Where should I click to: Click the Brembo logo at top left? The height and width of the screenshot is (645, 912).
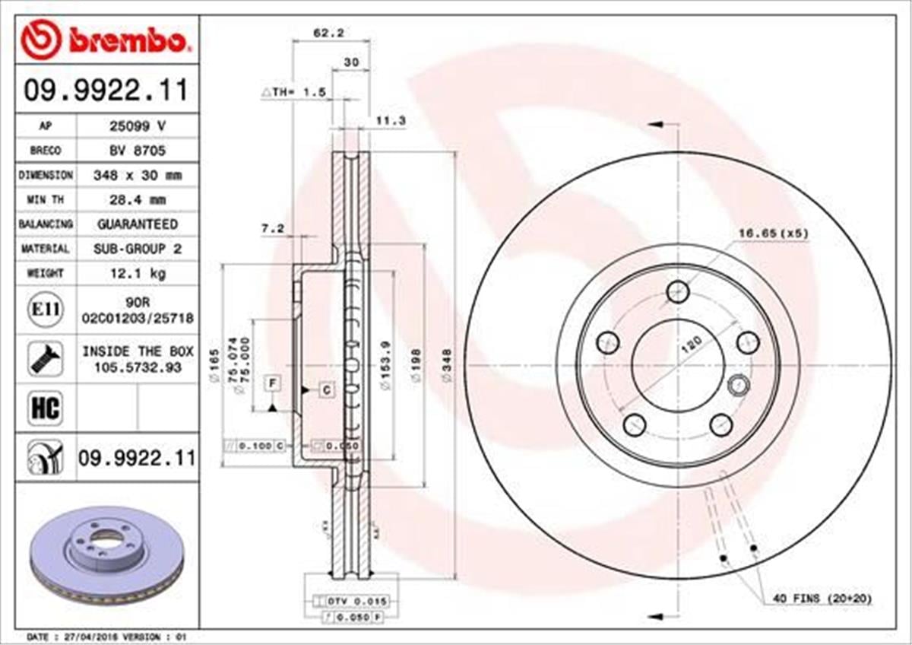point(103,40)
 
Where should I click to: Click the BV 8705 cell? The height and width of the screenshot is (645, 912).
point(137,151)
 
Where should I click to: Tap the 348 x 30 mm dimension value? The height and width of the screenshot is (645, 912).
point(137,175)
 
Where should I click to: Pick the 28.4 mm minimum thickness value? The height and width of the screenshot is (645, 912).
point(137,199)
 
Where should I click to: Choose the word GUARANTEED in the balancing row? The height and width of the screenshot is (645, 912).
point(137,224)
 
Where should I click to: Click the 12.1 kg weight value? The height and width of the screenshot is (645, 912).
point(137,273)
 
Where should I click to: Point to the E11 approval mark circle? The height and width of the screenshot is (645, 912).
point(45,310)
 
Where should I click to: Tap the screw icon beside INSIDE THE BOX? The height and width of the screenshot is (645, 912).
point(45,358)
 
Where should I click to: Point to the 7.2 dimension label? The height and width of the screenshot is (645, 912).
point(273,228)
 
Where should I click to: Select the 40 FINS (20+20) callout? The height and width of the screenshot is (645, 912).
point(822,599)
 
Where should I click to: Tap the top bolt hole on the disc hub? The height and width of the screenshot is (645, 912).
point(677,291)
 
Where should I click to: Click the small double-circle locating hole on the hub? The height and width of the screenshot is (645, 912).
point(738,386)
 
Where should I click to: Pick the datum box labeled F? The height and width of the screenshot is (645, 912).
point(271,383)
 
